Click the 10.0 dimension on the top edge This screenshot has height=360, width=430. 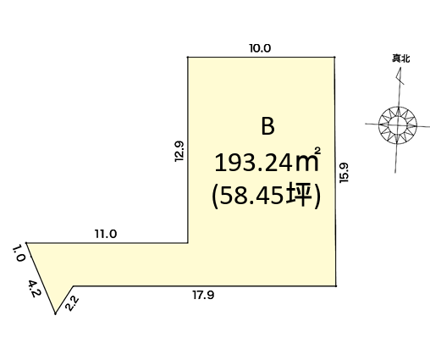click(260, 48)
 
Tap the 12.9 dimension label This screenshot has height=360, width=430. click(179, 151)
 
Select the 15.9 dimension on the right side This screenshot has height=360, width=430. click(345, 173)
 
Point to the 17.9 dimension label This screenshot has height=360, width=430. click(203, 295)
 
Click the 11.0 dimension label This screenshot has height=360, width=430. click(106, 234)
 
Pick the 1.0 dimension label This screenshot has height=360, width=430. click(19, 253)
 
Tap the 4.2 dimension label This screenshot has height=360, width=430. click(35, 289)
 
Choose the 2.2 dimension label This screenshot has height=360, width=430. click(72, 303)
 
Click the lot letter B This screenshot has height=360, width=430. click(267, 127)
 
